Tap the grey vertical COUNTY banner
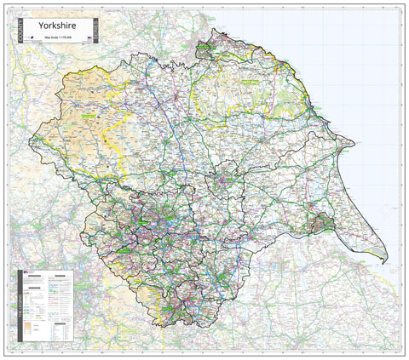pos(20,31)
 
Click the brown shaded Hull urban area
pos(323,225)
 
